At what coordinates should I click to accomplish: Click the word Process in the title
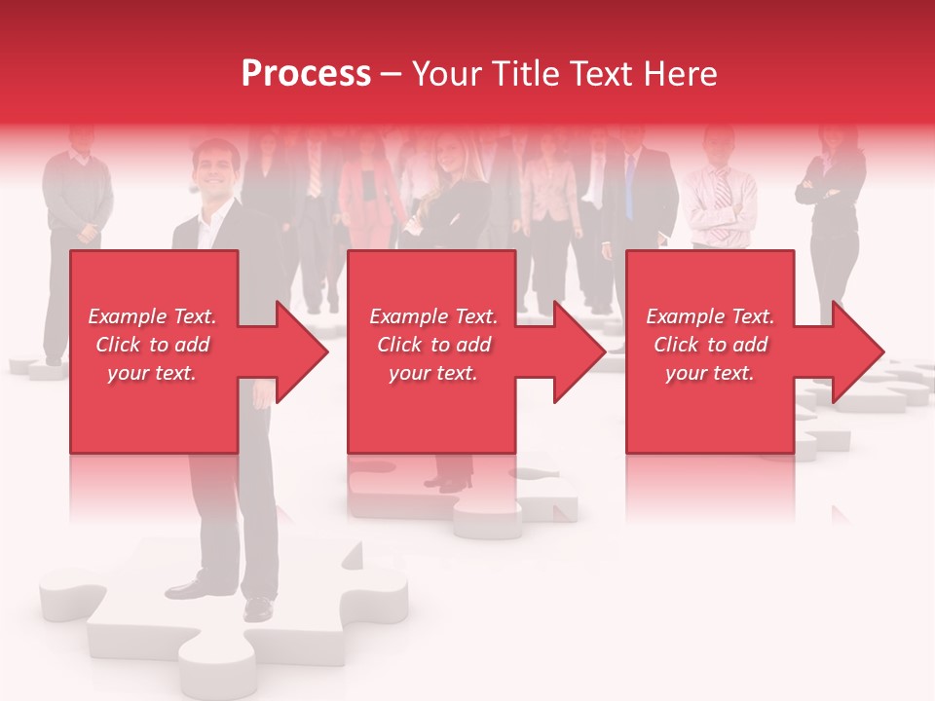coord(306,74)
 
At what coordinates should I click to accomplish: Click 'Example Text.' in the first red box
coord(152,316)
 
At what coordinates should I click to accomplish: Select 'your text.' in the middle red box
coord(433,373)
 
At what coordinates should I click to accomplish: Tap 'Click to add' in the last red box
coord(710,345)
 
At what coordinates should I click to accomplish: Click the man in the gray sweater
coord(78,195)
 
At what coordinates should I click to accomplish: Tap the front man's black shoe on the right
coord(258,609)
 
